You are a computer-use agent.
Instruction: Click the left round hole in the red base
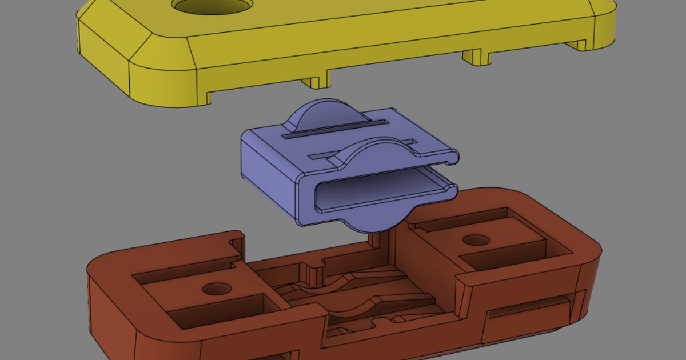click(x=216, y=289)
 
